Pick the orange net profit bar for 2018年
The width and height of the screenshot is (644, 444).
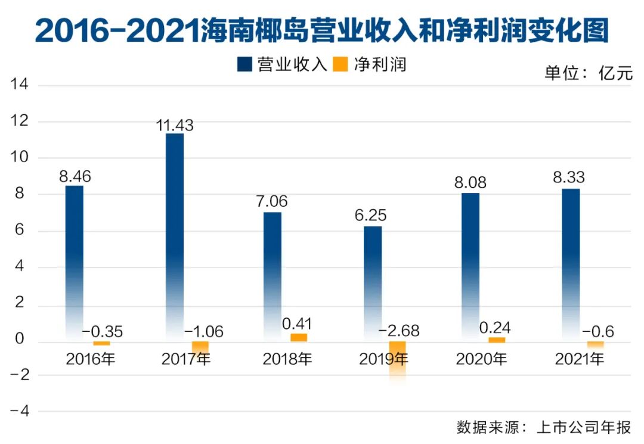(299, 337)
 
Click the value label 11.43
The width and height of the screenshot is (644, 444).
(174, 125)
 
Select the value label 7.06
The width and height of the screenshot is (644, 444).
(271, 201)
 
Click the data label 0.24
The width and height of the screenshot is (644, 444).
(495, 327)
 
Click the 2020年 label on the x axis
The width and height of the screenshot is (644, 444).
(481, 359)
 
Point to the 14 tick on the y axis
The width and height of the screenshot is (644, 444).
(19, 85)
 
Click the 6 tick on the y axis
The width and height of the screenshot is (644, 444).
(21, 231)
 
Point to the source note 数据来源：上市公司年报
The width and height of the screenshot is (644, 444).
(544, 428)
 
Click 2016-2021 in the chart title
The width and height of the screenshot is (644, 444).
(117, 30)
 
